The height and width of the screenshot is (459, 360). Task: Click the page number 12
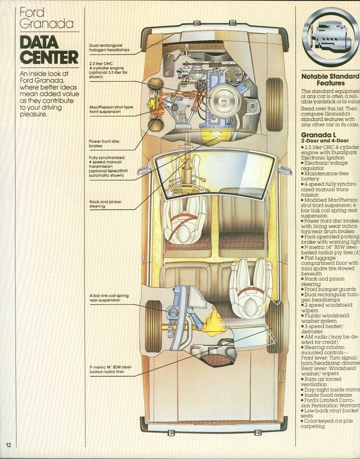pyautogui.click(x=9, y=445)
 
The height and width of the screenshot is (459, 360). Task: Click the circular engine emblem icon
pyautogui.click(x=331, y=34)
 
